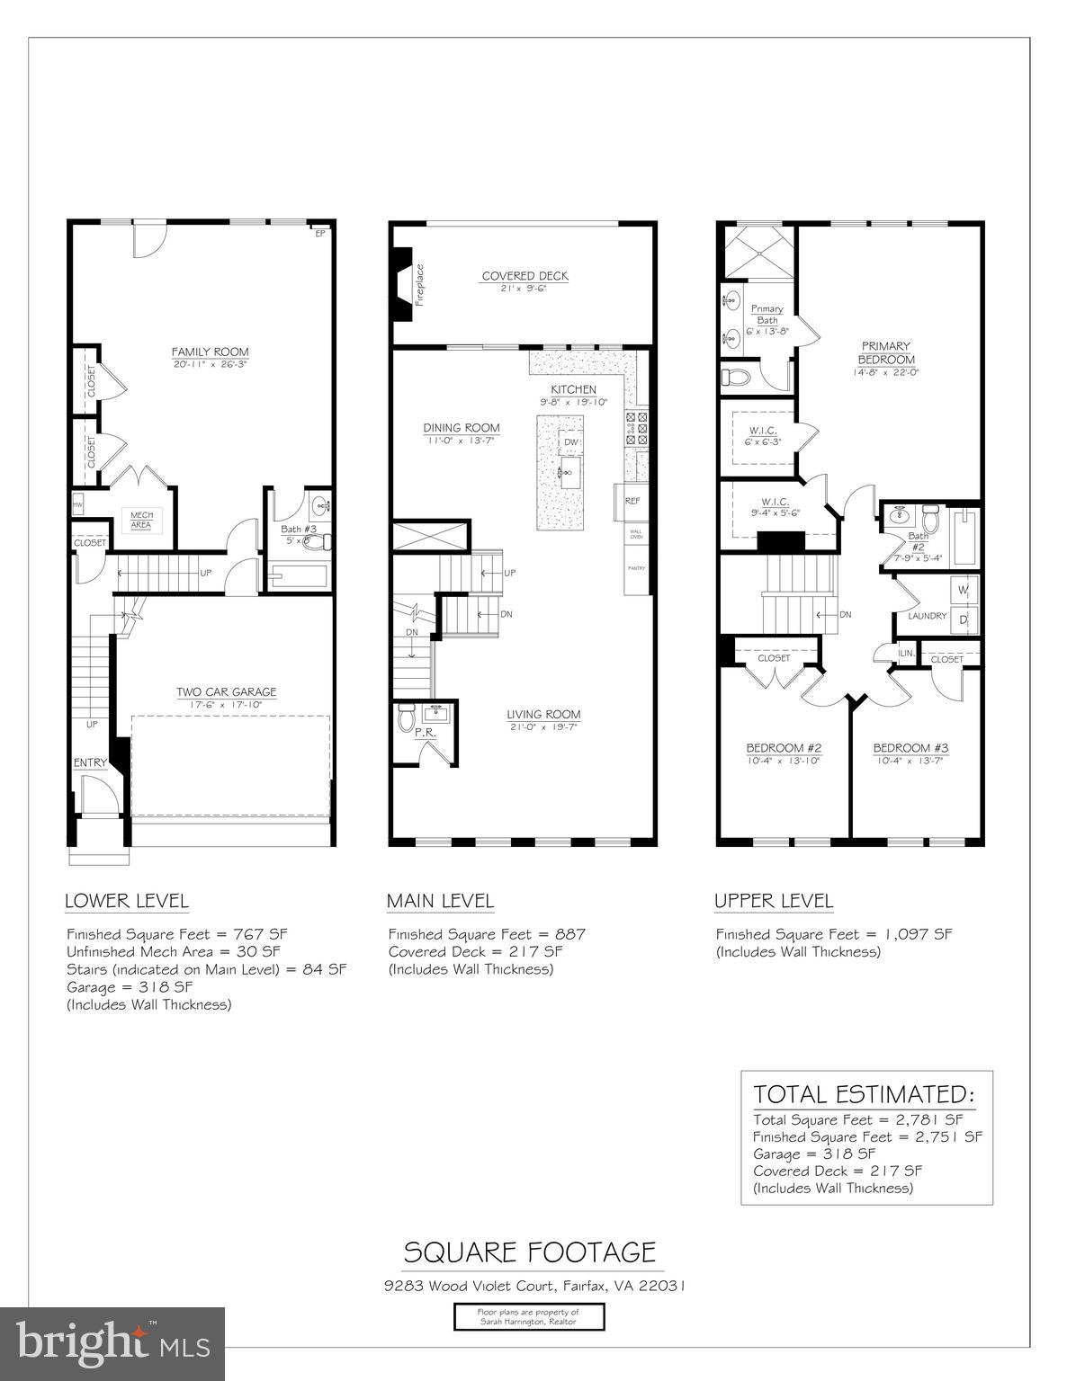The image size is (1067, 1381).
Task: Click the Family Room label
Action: tap(211, 352)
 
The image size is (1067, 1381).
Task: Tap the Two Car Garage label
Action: tap(226, 691)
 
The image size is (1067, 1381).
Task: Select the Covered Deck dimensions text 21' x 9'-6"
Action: tap(524, 289)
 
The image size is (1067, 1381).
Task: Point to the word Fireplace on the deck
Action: tap(419, 285)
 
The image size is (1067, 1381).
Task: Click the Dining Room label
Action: tap(462, 428)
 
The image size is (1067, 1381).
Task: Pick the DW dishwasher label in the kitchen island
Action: tap(570, 443)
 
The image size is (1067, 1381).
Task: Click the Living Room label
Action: tap(542, 715)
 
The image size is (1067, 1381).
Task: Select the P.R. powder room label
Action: tap(425, 733)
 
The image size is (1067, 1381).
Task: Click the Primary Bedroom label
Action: tap(885, 352)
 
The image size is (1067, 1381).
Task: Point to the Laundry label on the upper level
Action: tap(927, 616)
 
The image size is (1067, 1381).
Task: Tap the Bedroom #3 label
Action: tap(910, 748)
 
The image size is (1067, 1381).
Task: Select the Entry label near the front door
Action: tap(90, 762)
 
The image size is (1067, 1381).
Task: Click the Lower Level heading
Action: tap(127, 901)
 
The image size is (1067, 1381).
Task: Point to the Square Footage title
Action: tap(529, 1252)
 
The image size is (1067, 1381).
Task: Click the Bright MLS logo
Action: tap(112, 1343)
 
